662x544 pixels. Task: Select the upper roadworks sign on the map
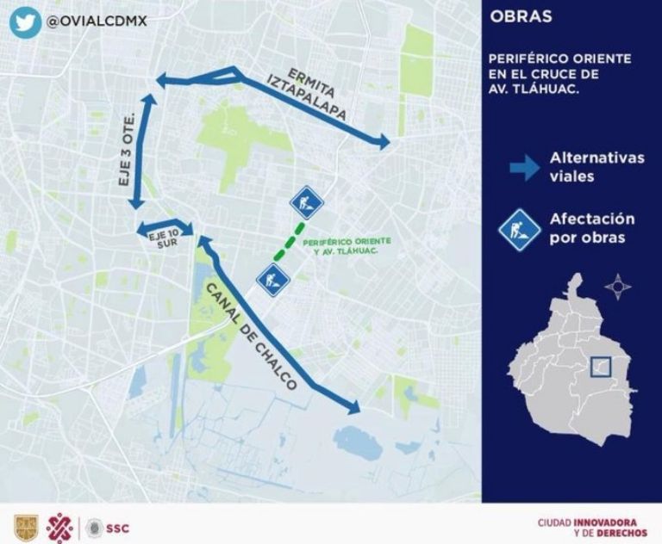(x=305, y=203)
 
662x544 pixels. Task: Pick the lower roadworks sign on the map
(x=273, y=280)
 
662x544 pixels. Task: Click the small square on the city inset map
(x=600, y=367)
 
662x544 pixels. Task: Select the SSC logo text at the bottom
(x=119, y=525)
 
